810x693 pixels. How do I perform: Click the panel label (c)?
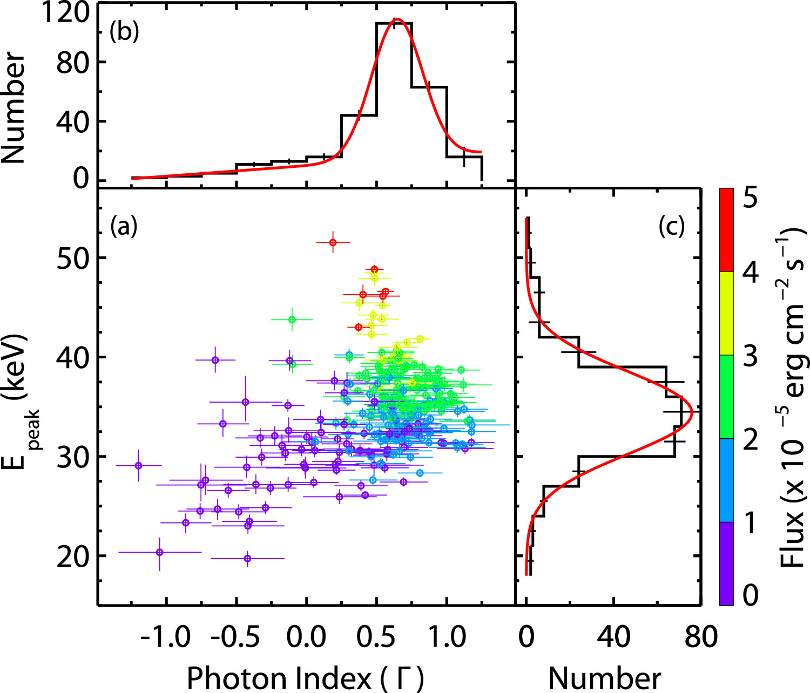click(x=671, y=227)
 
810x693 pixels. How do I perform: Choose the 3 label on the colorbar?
click(x=750, y=357)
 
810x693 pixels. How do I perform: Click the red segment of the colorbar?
click(x=726, y=229)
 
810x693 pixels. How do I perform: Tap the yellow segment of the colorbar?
click(x=726, y=312)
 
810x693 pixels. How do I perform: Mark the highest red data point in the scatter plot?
click(x=333, y=243)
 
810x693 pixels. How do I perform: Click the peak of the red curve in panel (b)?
click(x=397, y=19)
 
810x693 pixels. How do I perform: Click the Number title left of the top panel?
click(x=14, y=108)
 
